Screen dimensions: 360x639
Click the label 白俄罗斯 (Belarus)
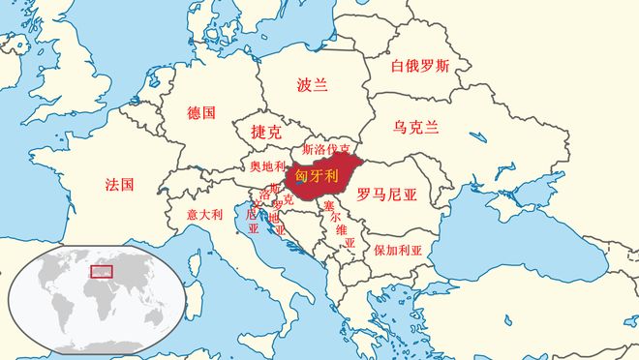pos(419,67)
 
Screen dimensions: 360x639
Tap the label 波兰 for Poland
pos(312,85)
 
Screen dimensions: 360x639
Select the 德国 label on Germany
pos(201,112)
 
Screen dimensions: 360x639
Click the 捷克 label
pos(265,133)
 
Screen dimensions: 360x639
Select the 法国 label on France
pos(119,184)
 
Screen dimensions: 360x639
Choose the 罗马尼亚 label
pos(385,194)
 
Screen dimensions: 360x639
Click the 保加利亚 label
pos(398,250)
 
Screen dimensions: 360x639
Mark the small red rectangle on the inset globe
pos(102,272)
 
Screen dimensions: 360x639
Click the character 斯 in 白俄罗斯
pos(441,67)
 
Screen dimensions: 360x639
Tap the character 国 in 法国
pos(127,184)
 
